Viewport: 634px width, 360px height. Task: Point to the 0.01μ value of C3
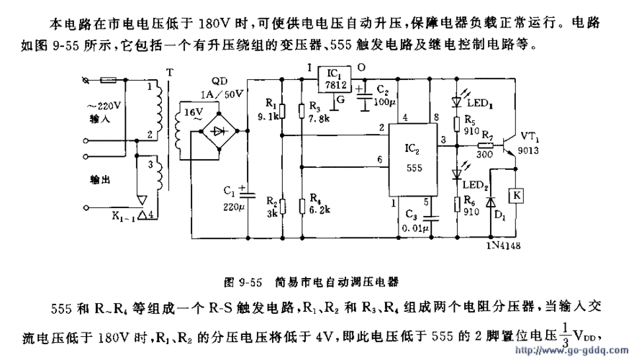pos(416,228)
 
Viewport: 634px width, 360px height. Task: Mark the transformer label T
pos(170,72)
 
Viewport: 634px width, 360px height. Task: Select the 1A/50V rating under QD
pos(219,94)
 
